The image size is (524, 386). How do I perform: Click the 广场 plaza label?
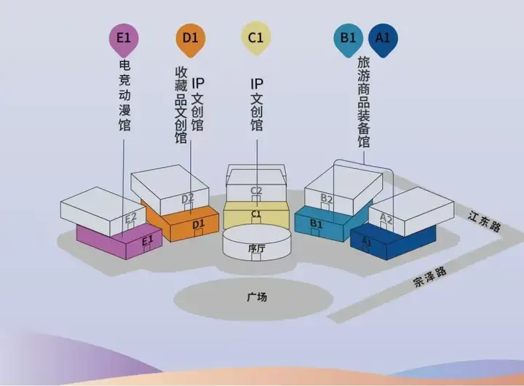257,297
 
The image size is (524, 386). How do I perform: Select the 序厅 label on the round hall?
255,248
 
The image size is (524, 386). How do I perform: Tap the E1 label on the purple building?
147,240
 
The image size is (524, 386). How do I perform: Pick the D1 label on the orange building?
199,225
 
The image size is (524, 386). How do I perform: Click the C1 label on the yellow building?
255,214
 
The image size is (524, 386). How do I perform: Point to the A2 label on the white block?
386,218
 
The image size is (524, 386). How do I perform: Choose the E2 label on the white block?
131,217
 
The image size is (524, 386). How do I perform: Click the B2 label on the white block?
326,198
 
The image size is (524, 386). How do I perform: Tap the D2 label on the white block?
187,197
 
